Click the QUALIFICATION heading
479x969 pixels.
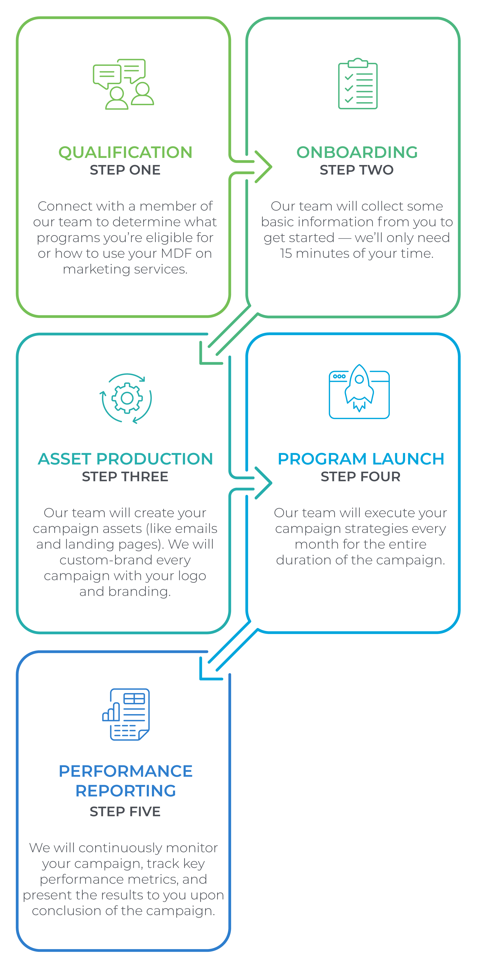point(125,153)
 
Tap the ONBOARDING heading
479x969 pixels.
point(357,153)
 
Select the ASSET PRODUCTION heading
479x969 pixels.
point(125,459)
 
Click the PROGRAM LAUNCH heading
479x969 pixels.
point(361,459)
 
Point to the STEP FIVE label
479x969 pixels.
point(125,812)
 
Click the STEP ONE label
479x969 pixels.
point(125,170)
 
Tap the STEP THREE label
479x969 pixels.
point(125,477)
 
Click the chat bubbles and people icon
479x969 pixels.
point(123,84)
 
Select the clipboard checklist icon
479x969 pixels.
point(358,84)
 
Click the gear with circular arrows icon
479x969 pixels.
point(126,398)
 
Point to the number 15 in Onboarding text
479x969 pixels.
point(286,254)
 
